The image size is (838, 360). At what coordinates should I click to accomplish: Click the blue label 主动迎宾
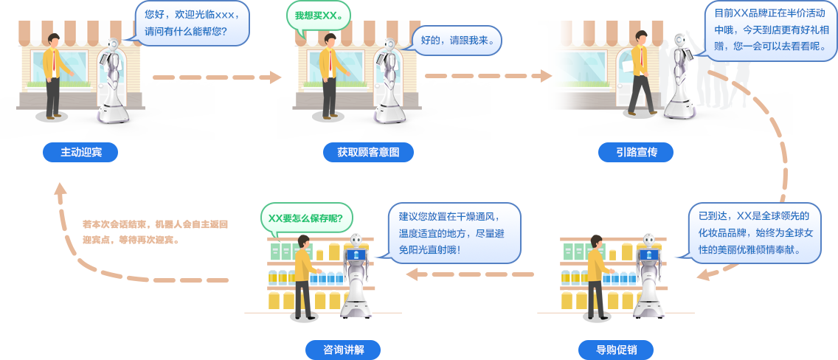coord(80,152)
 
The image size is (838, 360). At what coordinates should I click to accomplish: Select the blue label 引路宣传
coord(636,152)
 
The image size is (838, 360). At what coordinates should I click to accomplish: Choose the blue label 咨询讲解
coord(343,349)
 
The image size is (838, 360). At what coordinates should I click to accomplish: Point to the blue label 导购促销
coord(616,349)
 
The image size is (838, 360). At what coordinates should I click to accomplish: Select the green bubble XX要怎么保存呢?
coord(306,218)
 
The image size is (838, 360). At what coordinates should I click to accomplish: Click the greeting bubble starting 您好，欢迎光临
coord(192,23)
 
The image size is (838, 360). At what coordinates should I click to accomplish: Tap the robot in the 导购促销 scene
coord(648,277)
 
